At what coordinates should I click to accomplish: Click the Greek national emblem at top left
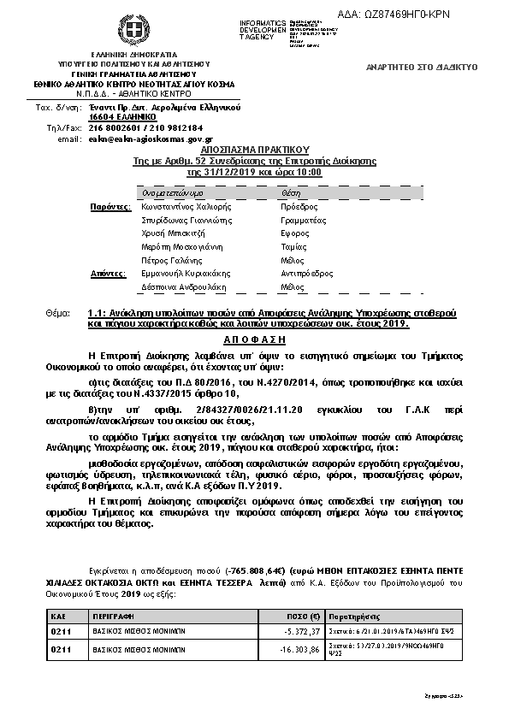(x=133, y=32)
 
